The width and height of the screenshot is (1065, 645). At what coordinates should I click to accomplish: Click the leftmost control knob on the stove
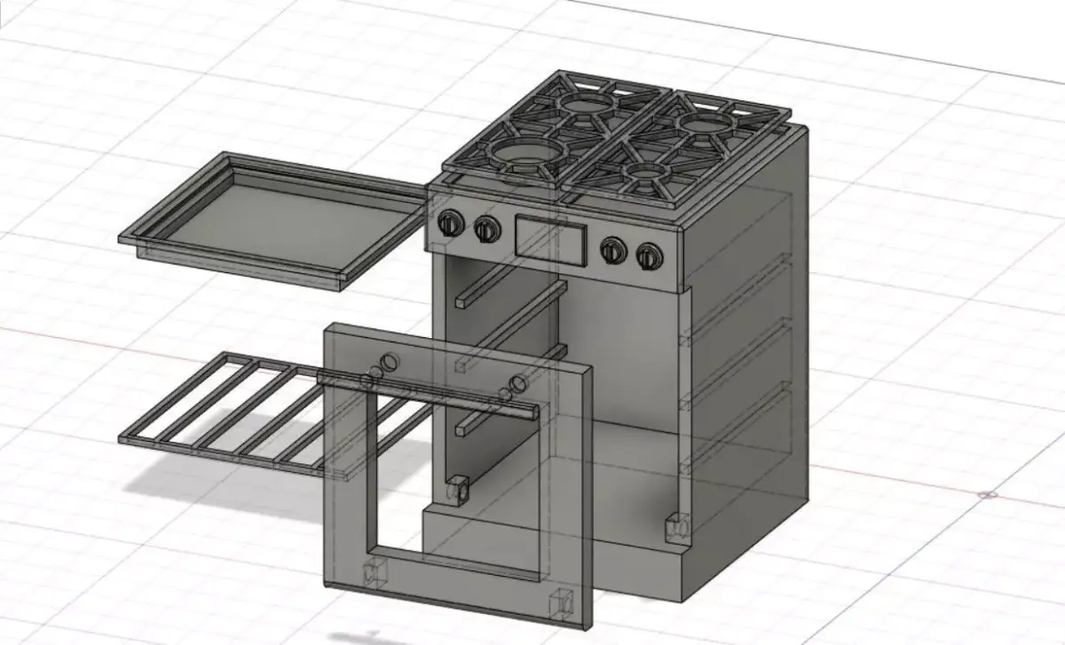(450, 224)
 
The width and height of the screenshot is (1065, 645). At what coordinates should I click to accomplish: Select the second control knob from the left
(485, 229)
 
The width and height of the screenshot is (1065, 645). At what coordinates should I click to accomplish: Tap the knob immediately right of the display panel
(611, 250)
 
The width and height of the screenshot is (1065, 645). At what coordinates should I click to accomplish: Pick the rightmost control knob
(650, 256)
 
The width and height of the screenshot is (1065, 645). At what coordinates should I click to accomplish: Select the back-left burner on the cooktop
(581, 105)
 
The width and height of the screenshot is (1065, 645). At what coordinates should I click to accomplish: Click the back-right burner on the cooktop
(707, 122)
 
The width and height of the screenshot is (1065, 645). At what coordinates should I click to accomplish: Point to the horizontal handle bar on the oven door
(426, 395)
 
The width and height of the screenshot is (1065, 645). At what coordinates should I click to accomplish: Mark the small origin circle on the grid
(991, 494)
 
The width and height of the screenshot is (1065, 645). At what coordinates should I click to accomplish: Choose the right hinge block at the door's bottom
(558, 602)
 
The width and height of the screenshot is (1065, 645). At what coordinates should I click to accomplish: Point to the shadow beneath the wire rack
(222, 484)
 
